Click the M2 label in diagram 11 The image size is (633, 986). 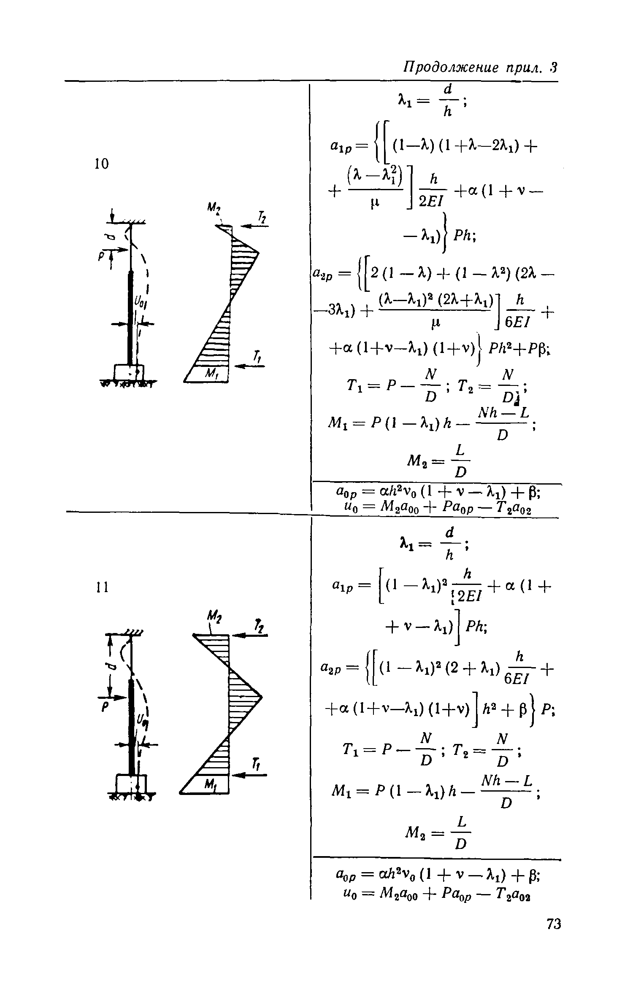pos(211,619)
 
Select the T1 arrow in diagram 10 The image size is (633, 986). pos(249,366)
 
